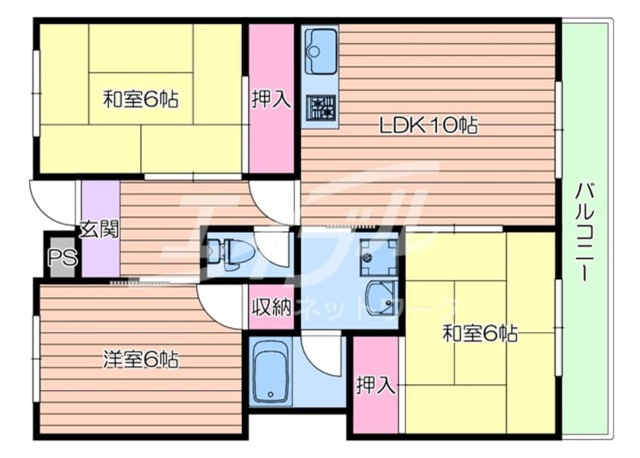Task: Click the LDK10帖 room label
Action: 428,126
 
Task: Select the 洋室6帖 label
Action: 141,360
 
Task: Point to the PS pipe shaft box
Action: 61,258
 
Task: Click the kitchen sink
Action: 322,50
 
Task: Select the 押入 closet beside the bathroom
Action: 376,385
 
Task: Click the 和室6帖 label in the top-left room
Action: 141,99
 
